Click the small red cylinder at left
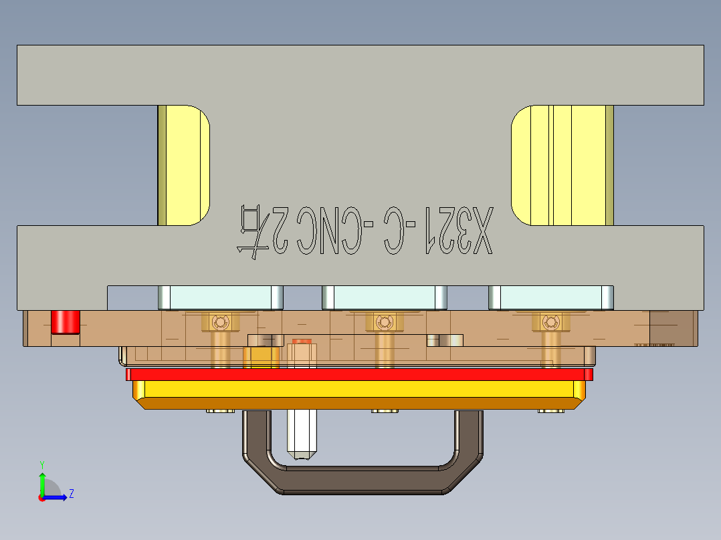point(66,321)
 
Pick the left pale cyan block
point(220,297)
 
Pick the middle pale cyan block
point(384,297)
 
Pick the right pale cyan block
point(550,297)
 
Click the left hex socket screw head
point(219,323)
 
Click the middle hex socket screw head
point(383,323)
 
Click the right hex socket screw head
point(550,323)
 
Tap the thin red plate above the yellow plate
point(359,374)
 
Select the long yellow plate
point(359,388)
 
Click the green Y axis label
point(41,464)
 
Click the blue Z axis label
point(71,494)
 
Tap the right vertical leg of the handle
point(469,434)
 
